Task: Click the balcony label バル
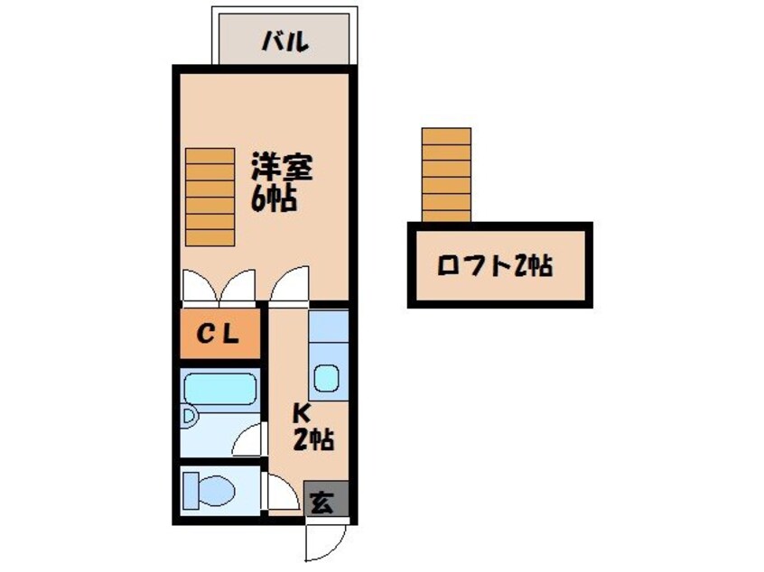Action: (285, 41)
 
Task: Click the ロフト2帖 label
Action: (494, 266)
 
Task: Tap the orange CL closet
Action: (219, 335)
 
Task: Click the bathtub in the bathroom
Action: (219, 390)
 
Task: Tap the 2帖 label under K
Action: (312, 440)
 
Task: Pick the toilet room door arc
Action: (282, 493)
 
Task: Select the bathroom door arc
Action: (249, 441)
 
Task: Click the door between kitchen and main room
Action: (289, 286)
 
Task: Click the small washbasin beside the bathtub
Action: (190, 418)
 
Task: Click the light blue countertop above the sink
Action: (328, 327)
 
